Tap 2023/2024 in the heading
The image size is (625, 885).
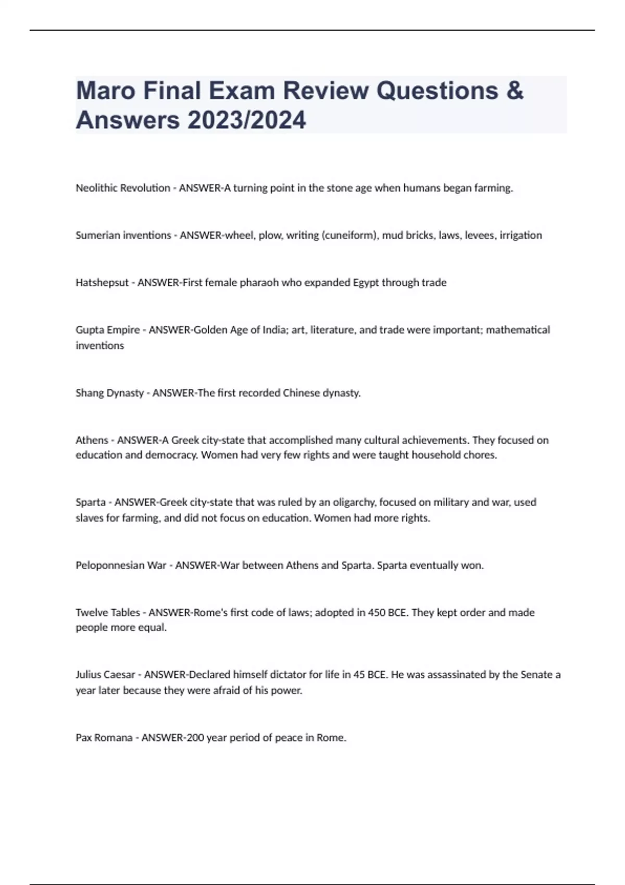pos(247,120)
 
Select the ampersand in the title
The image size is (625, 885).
pos(515,91)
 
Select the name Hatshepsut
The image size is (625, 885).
pos(102,283)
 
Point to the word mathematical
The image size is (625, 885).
pos(518,330)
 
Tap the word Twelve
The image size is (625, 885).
pos(89,613)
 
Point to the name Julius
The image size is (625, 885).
pos(89,675)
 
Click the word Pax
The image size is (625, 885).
pos(83,738)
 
